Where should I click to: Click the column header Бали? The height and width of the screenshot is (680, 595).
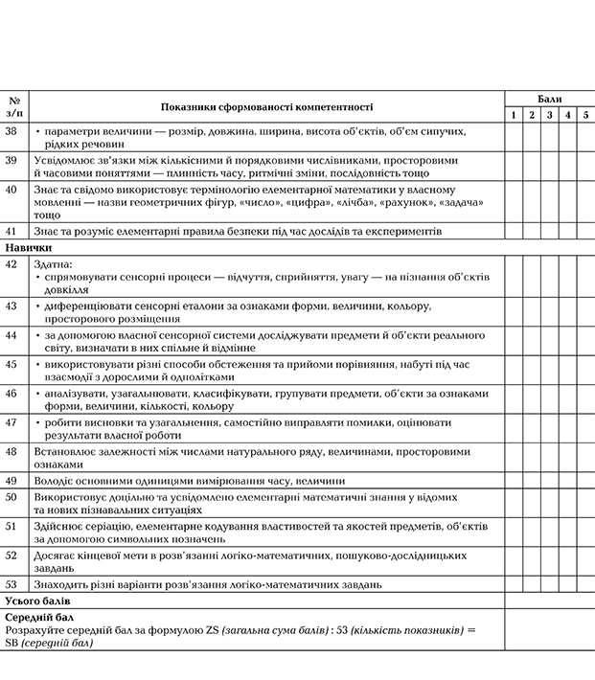(549, 99)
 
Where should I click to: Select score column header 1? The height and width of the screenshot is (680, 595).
(515, 116)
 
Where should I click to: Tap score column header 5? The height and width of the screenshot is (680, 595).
(585, 116)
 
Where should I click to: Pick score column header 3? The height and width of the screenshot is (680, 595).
(550, 116)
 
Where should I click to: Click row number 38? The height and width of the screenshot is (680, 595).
(11, 130)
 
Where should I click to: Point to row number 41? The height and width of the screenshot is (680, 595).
(11, 232)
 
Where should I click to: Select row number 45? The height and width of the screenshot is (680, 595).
(11, 364)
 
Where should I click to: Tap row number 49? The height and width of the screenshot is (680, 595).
(11, 481)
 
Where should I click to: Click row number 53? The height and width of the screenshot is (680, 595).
(11, 583)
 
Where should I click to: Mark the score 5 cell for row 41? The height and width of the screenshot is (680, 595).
(585, 232)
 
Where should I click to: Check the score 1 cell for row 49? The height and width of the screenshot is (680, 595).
(515, 481)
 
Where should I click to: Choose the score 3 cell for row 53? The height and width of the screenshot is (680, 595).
(550, 583)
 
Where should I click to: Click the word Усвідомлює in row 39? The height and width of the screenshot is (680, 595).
(62, 160)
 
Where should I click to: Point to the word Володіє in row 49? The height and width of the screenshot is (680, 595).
(53, 481)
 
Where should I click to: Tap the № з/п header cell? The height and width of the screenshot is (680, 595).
(14, 107)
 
